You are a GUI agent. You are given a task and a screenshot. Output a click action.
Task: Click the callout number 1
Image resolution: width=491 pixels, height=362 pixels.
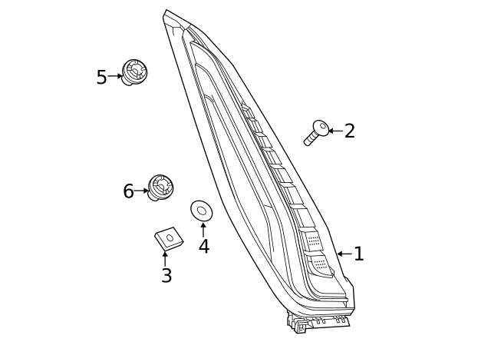[358, 254]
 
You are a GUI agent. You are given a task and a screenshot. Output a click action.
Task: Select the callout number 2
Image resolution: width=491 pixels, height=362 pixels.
[349, 131]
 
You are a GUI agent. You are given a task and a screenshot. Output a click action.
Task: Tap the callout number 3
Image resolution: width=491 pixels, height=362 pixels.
[166, 277]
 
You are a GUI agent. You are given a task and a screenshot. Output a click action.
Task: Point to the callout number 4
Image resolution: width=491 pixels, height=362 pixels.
[203, 247]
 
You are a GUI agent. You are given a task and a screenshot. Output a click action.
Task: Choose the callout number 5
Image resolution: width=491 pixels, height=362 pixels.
[101, 78]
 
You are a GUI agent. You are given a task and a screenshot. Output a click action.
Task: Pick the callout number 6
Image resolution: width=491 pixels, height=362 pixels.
[128, 192]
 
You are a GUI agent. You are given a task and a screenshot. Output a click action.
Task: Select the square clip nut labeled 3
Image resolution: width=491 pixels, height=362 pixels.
[169, 238]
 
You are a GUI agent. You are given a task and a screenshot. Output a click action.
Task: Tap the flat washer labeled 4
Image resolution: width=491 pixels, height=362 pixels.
[202, 210]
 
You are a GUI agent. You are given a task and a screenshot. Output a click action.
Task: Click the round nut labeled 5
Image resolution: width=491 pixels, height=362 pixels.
[134, 71]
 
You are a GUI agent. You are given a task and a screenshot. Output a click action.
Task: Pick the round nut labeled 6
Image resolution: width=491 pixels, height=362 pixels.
[160, 187]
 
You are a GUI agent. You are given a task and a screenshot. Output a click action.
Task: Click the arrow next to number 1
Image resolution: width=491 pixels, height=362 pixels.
[344, 254]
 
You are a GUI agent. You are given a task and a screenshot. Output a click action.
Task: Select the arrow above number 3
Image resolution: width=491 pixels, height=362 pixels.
[165, 258]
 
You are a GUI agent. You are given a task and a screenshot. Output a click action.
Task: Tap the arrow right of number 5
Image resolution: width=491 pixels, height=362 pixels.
[115, 76]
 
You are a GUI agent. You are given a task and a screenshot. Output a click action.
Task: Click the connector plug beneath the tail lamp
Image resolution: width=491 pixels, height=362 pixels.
[299, 326]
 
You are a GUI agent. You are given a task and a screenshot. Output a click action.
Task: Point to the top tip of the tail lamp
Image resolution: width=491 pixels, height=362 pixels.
[166, 12]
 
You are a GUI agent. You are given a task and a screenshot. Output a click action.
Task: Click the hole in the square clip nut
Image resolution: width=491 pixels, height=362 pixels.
[170, 237]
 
